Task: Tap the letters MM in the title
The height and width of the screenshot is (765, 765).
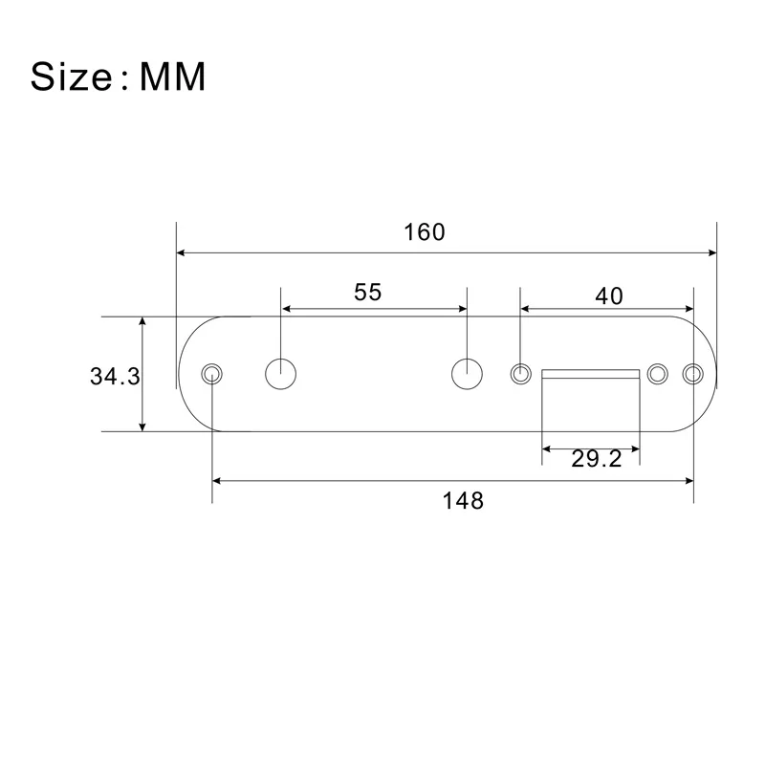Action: tap(173, 76)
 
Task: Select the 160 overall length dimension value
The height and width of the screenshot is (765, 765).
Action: tap(425, 232)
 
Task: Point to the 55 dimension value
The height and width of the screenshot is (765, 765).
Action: tap(368, 292)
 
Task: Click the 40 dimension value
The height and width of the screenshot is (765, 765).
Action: tap(608, 295)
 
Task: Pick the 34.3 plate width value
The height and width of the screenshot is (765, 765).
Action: tap(115, 376)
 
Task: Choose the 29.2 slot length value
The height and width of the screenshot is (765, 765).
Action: tap(597, 459)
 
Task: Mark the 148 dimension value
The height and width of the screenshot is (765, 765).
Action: tap(464, 500)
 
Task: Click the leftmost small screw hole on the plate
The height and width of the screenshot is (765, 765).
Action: tap(211, 373)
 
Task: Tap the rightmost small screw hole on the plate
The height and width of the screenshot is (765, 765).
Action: tap(694, 373)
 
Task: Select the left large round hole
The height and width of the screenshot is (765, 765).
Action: tap(281, 373)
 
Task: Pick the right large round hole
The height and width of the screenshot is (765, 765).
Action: tap(467, 373)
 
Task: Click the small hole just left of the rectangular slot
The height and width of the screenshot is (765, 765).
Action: tap(520, 373)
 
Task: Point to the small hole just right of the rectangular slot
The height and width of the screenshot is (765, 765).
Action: tap(658, 373)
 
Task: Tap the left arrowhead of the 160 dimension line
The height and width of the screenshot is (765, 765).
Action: tap(183, 253)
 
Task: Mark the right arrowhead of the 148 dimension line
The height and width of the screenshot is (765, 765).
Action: tap(689, 481)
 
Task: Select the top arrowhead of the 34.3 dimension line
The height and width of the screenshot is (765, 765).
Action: tap(143, 322)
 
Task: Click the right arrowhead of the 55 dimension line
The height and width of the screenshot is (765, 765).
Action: tap(462, 309)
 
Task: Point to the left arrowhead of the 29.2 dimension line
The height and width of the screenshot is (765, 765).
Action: tap(547, 446)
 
